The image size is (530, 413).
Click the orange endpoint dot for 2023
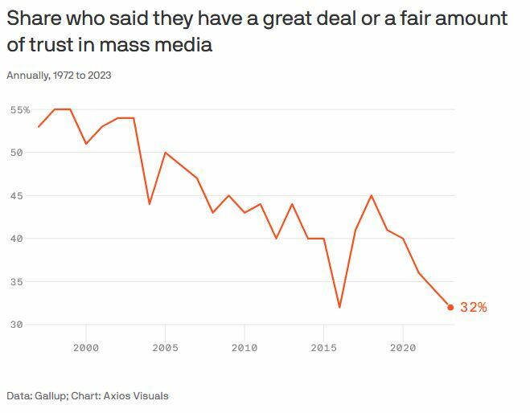point(450,307)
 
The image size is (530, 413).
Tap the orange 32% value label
point(474,307)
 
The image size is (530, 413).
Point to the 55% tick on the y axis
point(20,109)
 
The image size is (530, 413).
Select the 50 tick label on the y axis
point(16,153)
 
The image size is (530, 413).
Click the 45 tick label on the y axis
point(16,195)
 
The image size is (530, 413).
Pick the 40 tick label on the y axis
point(16,239)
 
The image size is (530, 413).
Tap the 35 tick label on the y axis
point(16,282)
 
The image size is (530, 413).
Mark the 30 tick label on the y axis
point(16,325)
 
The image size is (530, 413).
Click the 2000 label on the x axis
point(86,347)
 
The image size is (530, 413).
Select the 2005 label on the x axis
point(165,347)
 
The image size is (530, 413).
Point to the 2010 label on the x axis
point(244,347)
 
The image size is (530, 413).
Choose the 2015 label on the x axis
point(323,347)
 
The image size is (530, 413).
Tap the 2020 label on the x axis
point(403,347)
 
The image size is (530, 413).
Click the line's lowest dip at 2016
point(339,307)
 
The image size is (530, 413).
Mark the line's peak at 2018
point(372,195)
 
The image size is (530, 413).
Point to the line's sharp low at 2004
point(150,204)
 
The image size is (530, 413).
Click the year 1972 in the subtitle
point(62,76)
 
